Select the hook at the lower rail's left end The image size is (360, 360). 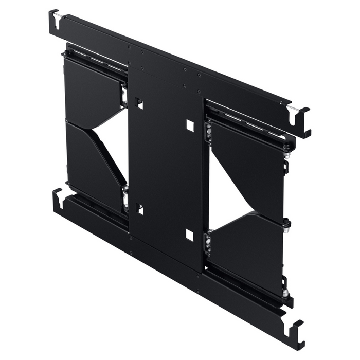(58, 199)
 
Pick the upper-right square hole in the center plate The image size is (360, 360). (190, 125)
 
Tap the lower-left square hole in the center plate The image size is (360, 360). (139, 209)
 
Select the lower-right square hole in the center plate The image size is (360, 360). (189, 235)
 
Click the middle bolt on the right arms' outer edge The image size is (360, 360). (286, 223)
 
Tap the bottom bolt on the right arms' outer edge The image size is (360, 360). (285, 294)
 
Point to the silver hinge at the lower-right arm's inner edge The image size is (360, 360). (208, 243)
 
